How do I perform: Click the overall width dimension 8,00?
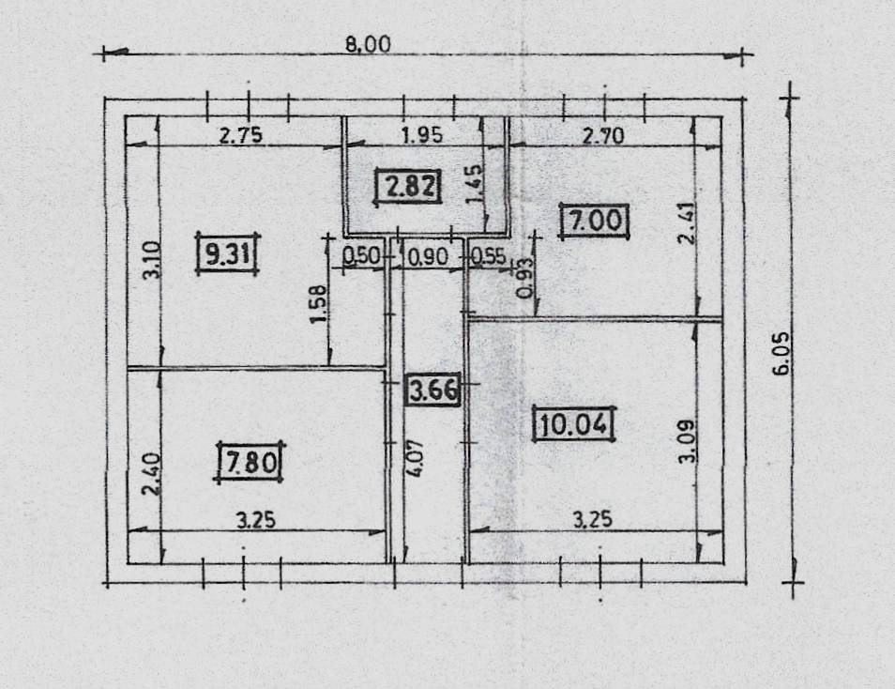pyautogui.click(x=368, y=44)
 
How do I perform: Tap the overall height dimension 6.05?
pyautogui.click(x=782, y=353)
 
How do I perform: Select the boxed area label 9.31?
pyautogui.click(x=228, y=253)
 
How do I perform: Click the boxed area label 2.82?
pyautogui.click(x=409, y=186)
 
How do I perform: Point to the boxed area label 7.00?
pyautogui.click(x=595, y=221)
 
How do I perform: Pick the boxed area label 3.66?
pyautogui.click(x=433, y=390)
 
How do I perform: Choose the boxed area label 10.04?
pyautogui.click(x=573, y=424)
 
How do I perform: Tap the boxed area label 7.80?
pyautogui.click(x=250, y=462)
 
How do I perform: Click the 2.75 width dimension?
pyautogui.click(x=241, y=136)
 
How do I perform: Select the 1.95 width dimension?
pyautogui.click(x=422, y=135)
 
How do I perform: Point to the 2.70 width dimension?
pyautogui.click(x=603, y=136)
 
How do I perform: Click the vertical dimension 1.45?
pyautogui.click(x=474, y=183)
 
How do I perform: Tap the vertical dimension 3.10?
pyautogui.click(x=152, y=260)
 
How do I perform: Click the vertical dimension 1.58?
pyautogui.click(x=319, y=304)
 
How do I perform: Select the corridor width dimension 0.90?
pyautogui.click(x=429, y=257)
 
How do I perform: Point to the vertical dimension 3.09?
pyautogui.click(x=687, y=441)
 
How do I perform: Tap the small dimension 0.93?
pyautogui.click(x=525, y=278)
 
